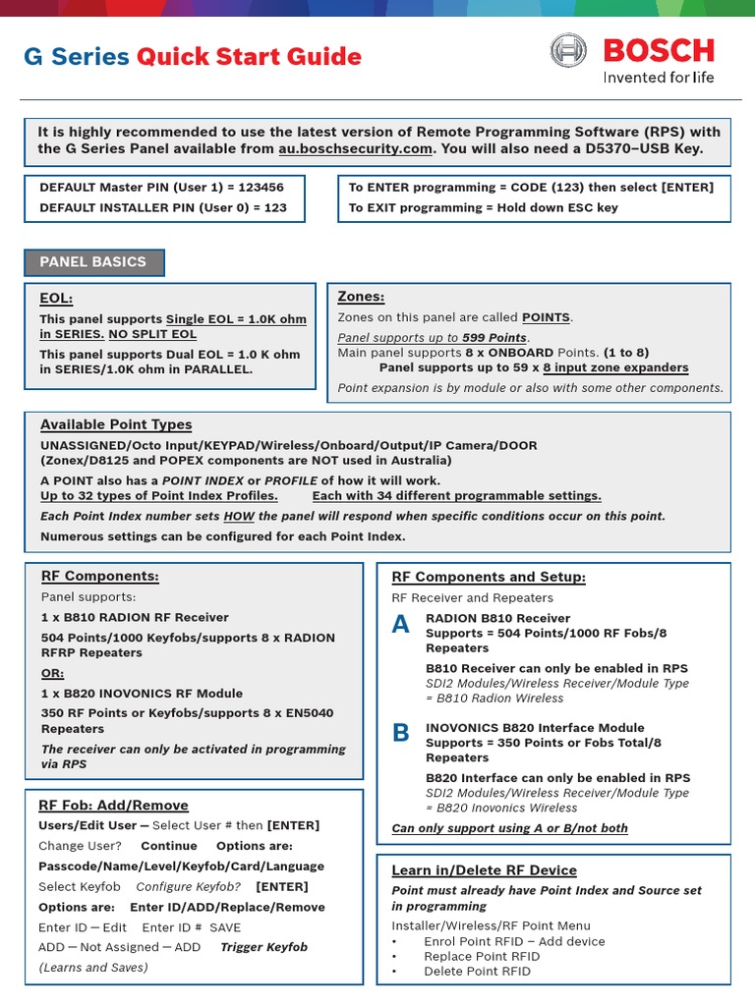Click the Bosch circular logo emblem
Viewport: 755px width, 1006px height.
point(568,51)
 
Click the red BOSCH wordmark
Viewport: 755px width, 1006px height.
point(659,50)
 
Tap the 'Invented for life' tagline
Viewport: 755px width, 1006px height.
point(658,77)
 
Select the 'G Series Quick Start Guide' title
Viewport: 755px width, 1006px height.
point(193,57)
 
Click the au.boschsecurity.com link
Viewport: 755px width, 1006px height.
point(355,148)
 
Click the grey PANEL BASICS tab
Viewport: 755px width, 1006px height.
point(93,262)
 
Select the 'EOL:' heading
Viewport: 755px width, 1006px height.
point(56,299)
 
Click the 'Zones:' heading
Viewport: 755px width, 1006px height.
point(361,297)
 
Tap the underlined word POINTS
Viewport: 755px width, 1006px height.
point(546,317)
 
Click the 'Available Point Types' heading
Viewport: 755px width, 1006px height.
point(116,424)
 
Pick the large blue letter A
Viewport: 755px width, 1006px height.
point(401,625)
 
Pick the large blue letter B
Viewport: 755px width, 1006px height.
point(401,733)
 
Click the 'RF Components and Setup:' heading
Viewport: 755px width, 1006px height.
point(489,577)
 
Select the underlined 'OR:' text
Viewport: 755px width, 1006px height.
point(51,673)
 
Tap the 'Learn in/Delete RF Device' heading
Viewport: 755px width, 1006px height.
point(484,870)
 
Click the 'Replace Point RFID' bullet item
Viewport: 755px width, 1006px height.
point(482,956)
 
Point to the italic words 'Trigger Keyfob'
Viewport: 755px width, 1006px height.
point(263,947)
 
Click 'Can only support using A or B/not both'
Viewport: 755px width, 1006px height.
point(509,828)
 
